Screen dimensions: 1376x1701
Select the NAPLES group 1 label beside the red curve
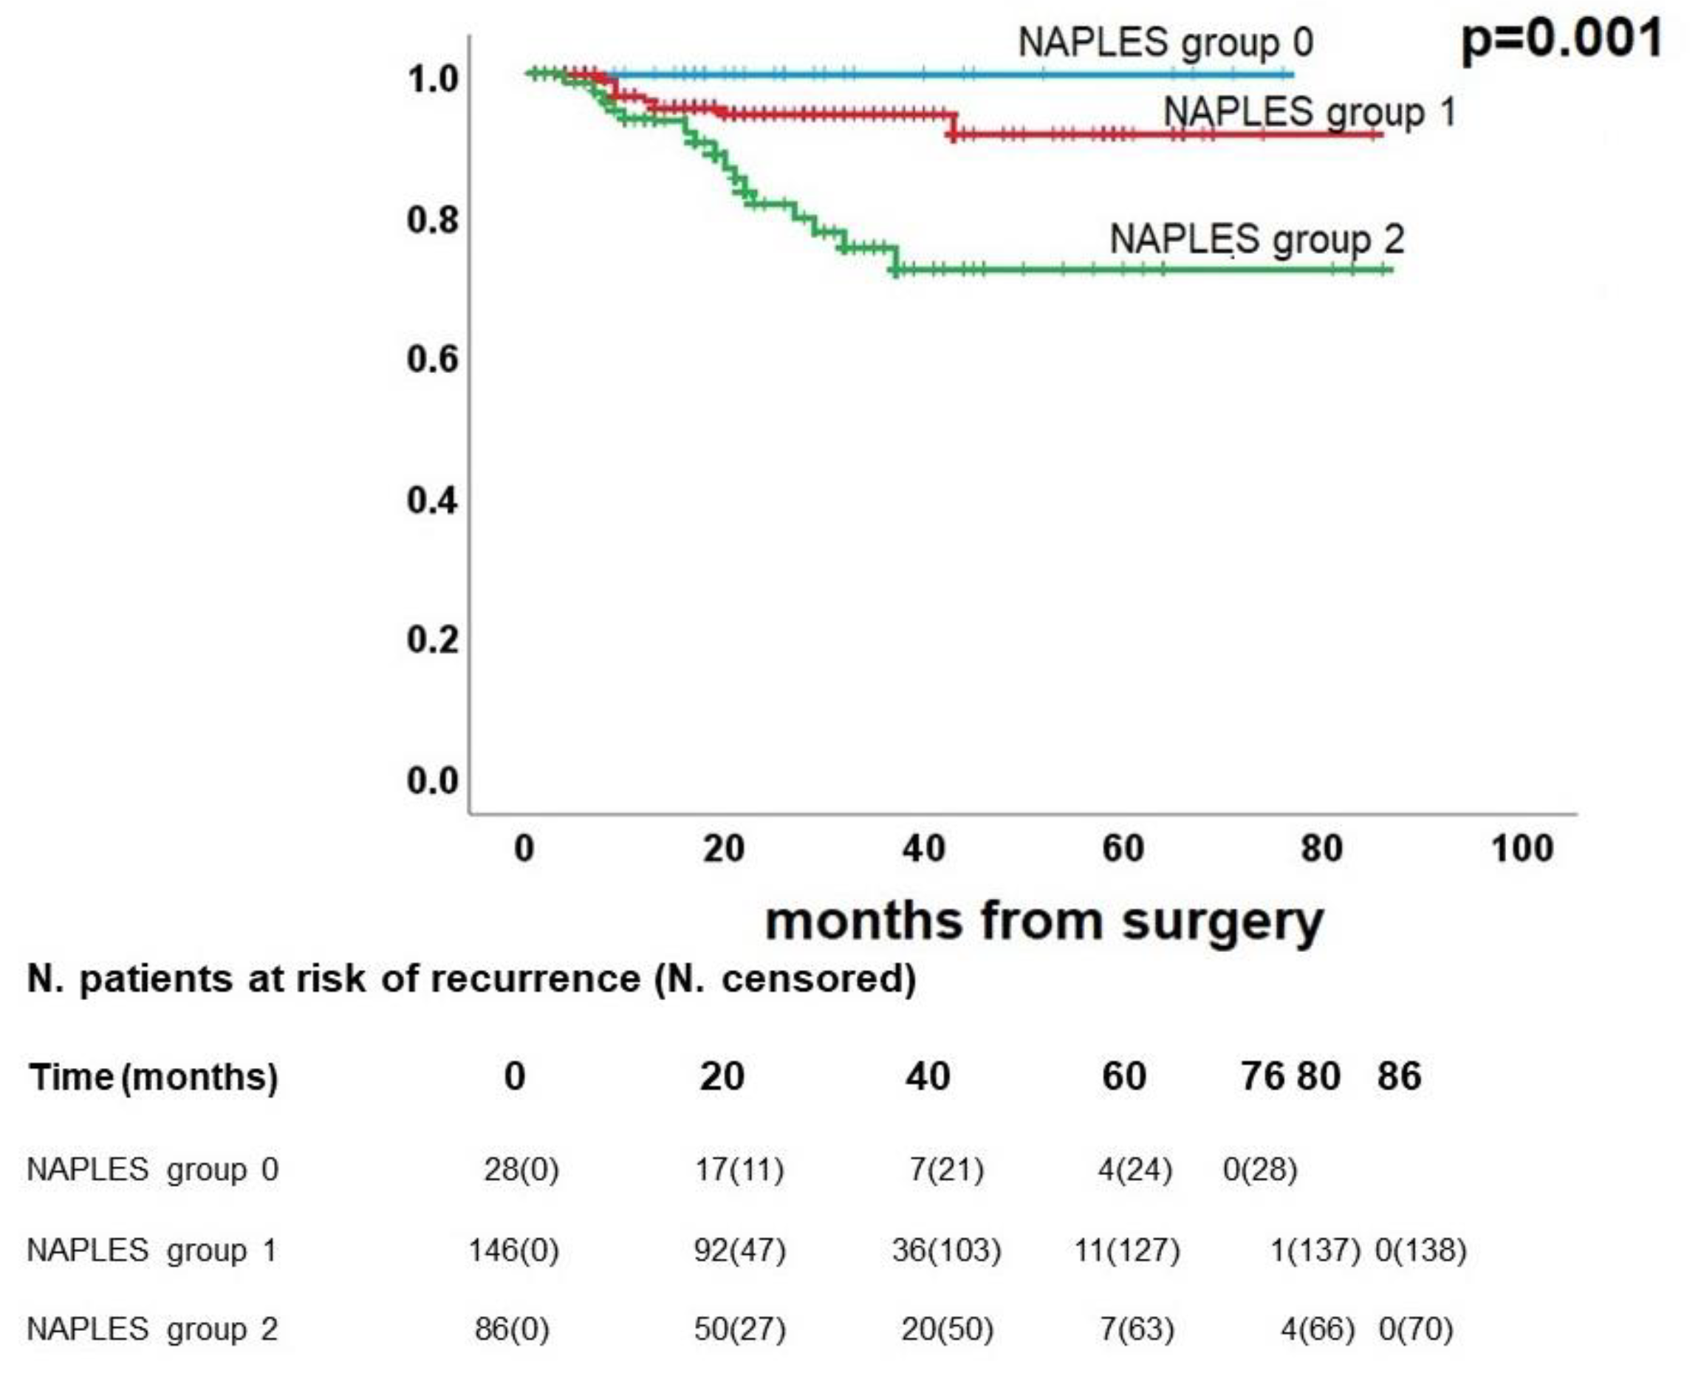click(x=1309, y=112)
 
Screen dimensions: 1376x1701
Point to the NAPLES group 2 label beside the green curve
click(x=1256, y=239)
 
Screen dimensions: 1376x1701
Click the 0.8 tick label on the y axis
click(x=432, y=219)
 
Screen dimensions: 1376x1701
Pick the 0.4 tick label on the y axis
click(x=432, y=500)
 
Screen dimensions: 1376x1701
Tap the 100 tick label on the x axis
click(x=1521, y=849)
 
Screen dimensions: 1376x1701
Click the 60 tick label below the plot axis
click(x=1123, y=849)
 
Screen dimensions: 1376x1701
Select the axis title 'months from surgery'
click(x=1044, y=921)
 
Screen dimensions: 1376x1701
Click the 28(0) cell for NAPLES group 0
click(x=521, y=1169)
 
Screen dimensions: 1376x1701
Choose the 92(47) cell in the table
click(x=739, y=1250)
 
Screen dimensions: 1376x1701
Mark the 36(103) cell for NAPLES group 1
click(x=946, y=1250)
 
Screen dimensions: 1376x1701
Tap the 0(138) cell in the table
click(x=1420, y=1250)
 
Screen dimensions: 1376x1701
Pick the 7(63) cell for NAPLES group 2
click(x=1137, y=1329)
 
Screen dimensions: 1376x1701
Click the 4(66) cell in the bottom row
click(x=1318, y=1329)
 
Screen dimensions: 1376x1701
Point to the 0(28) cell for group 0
click(x=1259, y=1169)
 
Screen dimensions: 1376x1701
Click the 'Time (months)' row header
click(x=153, y=1077)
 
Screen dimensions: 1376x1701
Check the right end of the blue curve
click(x=1292, y=75)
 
